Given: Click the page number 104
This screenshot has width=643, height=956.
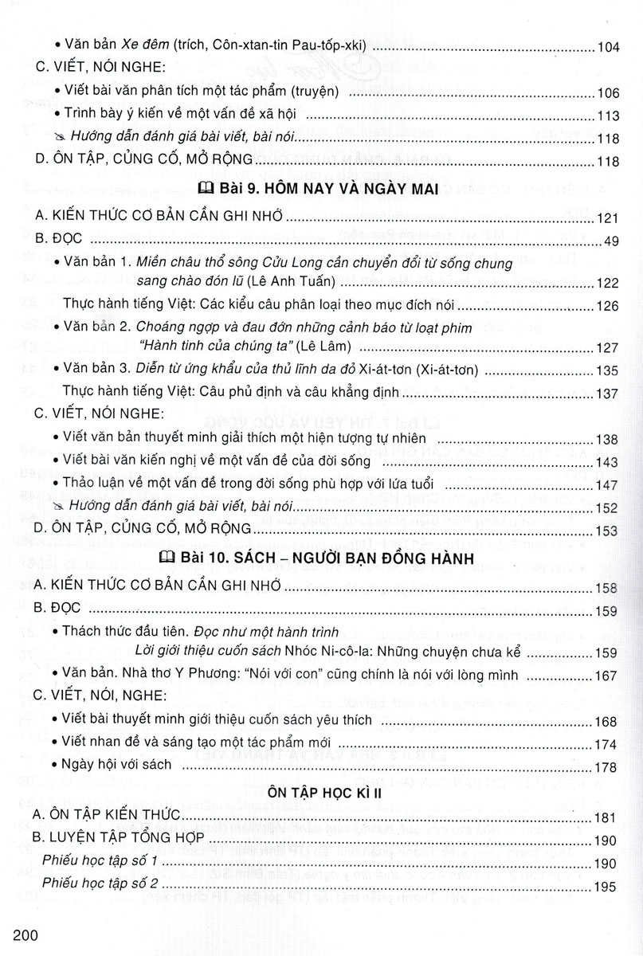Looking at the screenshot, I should pos(607,48).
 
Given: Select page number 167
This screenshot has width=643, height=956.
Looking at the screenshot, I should pos(607,676).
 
